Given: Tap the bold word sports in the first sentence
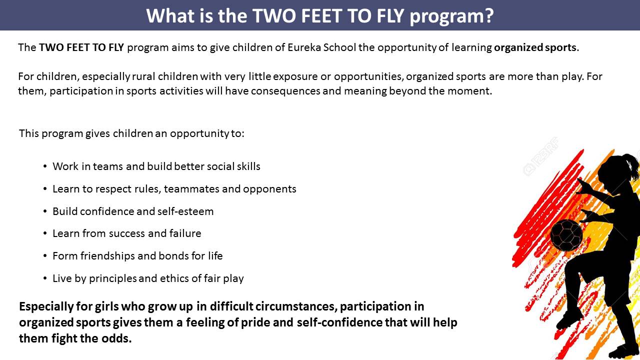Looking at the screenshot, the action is tap(560, 47).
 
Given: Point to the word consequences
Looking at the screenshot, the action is tap(285, 91).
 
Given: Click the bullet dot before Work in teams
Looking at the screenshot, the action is tap(45, 166).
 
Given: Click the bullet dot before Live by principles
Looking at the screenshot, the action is tap(45, 278).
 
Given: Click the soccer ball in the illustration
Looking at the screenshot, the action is tap(566, 235).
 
